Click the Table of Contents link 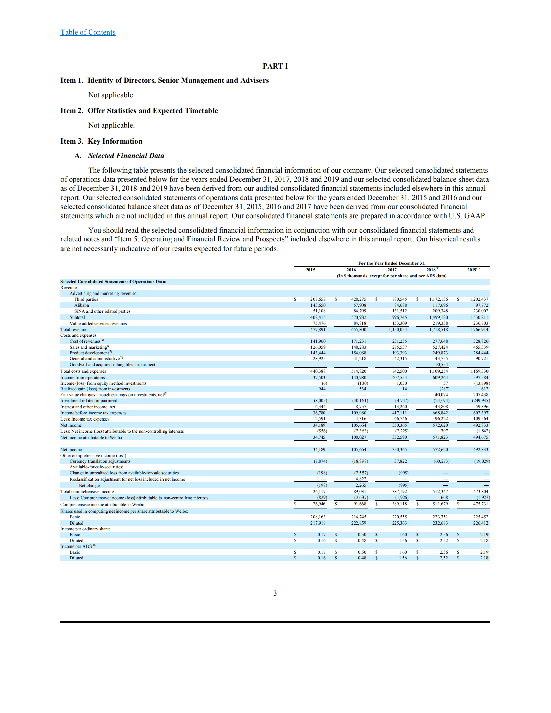(x=88, y=32)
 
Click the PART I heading (x=275, y=66)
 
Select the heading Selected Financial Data (x=126, y=156)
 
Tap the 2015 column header (x=310, y=270)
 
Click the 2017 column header (x=392, y=270)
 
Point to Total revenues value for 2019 (x=479, y=330)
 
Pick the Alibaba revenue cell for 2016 (x=359, y=305)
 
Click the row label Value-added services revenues (x=98, y=324)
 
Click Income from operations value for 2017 (x=399, y=378)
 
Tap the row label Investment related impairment (x=89, y=401)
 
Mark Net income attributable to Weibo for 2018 (x=440, y=437)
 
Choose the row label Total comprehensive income (x=87, y=492)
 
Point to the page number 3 (x=275, y=593)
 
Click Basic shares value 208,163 (x=318, y=517)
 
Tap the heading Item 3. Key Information (x=101, y=141)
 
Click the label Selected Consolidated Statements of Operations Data (x=113, y=282)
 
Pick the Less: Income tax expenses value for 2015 (x=320, y=419)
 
